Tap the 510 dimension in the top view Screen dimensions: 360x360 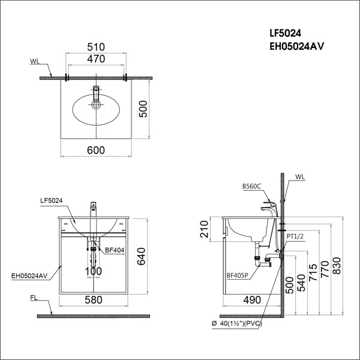(x=96, y=47)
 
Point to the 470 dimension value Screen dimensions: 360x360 (x=96, y=59)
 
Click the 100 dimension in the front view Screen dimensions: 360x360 (x=92, y=272)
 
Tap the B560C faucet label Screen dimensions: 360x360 (x=252, y=187)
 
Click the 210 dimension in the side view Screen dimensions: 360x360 (x=204, y=229)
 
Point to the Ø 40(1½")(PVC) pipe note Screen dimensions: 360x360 (x=239, y=325)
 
